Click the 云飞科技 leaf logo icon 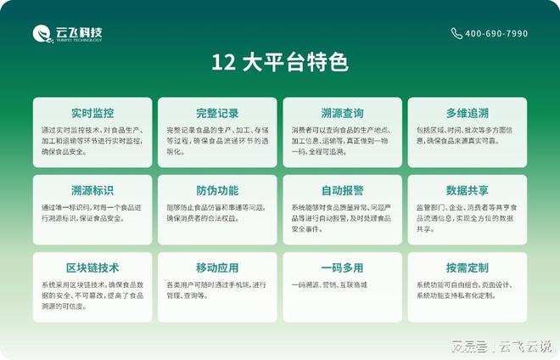pos(42,34)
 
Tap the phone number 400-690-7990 pos(496,34)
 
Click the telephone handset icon pos(457,34)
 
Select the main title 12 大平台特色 pos(280,63)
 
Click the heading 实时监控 pos(92,113)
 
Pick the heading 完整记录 pos(217,113)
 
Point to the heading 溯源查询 pos(342,113)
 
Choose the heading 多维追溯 pos(467,113)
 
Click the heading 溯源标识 pos(92,190)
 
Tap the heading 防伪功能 pos(217,190)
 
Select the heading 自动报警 pos(342,190)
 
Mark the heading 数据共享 pos(467,190)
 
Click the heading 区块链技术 pos(92,267)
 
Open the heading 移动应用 pos(217,267)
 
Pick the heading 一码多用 pos(342,267)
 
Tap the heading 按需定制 pos(467,267)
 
